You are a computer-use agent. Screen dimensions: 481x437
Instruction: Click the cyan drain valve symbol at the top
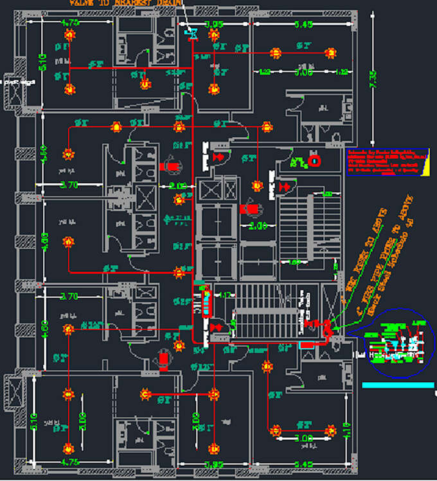coord(190,32)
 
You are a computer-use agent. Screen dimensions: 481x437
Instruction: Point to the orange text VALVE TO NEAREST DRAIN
coord(122,3)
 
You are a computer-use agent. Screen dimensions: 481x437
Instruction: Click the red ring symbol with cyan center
coord(315,161)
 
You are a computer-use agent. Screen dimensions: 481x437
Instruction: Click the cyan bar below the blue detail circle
coord(398,385)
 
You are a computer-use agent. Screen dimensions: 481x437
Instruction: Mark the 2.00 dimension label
coord(257,227)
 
